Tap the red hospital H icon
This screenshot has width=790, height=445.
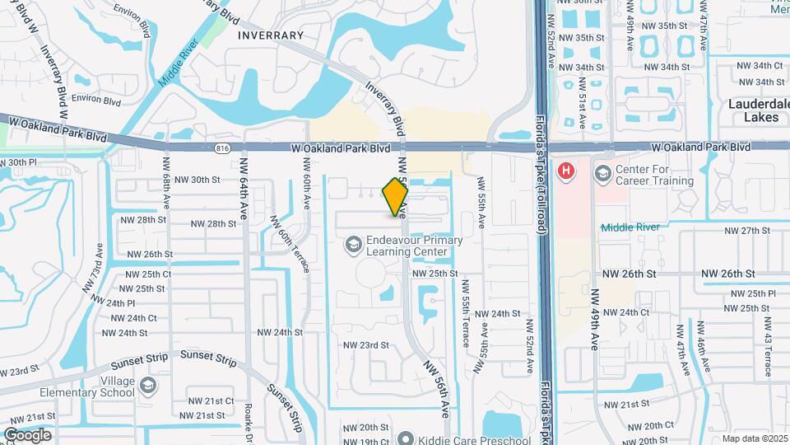566,171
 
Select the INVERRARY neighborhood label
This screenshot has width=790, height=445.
271,35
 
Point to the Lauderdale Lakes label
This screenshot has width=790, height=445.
755,110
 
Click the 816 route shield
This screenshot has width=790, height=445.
221,148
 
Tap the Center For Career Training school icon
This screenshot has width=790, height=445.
602,173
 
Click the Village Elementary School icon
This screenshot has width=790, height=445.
146,386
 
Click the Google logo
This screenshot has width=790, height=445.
27,435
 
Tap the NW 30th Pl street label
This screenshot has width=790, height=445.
18,163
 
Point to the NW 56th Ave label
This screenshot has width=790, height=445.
437,387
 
